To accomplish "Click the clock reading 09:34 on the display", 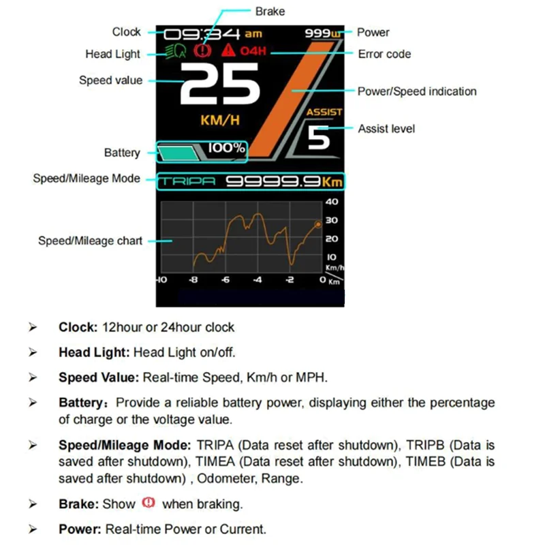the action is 202,33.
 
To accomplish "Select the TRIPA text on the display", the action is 188,182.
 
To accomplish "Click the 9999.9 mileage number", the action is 273,182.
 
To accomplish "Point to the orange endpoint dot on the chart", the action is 317,224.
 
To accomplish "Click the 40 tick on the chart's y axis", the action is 332,202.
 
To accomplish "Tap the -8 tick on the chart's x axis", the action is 193,281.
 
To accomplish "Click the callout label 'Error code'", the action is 384,54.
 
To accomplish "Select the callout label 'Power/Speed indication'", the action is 417,91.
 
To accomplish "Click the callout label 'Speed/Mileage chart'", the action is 90,240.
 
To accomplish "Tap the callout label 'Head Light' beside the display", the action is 112,54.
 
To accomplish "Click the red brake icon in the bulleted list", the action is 149,503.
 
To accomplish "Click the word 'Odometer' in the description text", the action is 223,478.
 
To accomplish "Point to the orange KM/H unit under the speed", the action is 219,121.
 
